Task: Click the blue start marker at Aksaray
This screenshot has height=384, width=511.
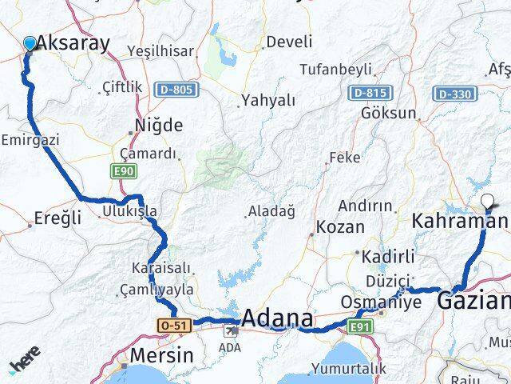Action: coord(30,43)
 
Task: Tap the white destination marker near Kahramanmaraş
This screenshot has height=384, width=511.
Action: coord(489,201)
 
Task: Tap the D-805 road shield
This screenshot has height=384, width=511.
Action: coord(175,90)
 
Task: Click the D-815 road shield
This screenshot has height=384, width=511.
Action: coord(369,94)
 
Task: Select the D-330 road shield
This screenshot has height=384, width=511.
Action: coord(456,94)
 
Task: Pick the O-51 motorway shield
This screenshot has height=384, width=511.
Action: coord(174,325)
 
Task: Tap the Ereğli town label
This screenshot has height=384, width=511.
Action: coord(59,217)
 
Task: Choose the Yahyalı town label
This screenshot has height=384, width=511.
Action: coord(267,101)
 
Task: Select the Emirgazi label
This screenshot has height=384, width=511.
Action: coord(30,138)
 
